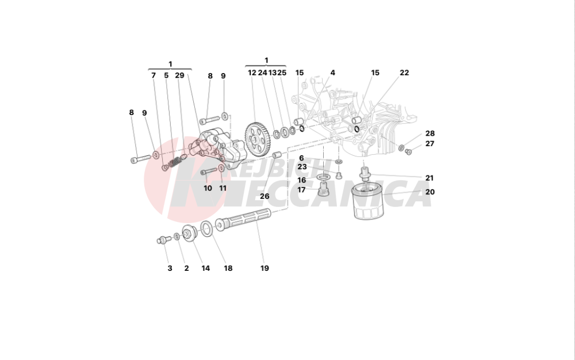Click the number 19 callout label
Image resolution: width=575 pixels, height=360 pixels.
point(264,268)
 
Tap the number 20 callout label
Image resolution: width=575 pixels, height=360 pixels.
point(430,192)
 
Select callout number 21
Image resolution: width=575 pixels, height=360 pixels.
point(430,178)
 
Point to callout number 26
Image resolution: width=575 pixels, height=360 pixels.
point(264,196)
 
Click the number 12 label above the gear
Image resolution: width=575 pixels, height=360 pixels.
point(252,73)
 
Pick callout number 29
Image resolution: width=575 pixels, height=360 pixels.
point(179,75)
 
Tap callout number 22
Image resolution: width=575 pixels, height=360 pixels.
point(404,73)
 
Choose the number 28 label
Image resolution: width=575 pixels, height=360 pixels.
point(430,133)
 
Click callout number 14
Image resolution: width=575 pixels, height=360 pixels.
point(205,268)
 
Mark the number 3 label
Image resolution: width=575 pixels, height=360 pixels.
point(170,268)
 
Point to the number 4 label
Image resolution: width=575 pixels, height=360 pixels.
point(332,73)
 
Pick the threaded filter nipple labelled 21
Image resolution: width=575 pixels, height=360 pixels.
point(364,172)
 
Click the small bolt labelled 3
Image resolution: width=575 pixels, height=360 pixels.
point(162,239)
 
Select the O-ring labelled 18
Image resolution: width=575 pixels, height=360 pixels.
point(207,229)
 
